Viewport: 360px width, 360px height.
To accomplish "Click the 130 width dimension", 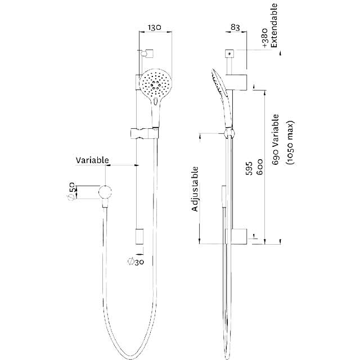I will click(156, 26).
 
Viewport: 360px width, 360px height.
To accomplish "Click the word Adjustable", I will click(196, 189).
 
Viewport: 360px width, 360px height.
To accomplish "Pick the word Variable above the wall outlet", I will click(92, 160).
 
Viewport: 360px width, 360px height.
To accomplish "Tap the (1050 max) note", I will click(289, 144).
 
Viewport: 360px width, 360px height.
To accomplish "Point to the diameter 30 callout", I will click(136, 261).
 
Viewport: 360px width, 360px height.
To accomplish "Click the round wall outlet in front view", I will click(105, 192).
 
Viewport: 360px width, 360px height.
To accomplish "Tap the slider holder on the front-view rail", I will click(144, 133).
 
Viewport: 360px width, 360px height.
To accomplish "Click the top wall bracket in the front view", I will click(146, 53).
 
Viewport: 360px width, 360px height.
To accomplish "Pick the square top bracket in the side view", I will click(229, 53).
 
